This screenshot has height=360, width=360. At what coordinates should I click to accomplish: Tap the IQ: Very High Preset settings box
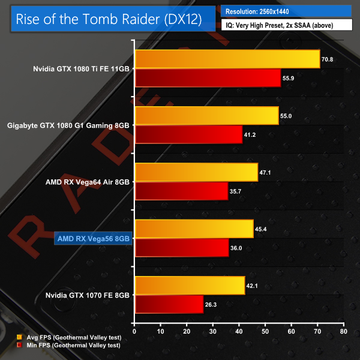click(286, 26)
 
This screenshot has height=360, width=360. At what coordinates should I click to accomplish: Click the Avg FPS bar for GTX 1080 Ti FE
click(227, 59)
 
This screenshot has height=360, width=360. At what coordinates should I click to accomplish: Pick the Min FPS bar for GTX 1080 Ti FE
click(208, 78)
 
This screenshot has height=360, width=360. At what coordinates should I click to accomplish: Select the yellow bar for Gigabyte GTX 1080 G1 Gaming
click(207, 116)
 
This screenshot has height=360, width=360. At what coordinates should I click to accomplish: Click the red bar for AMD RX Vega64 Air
click(181, 191)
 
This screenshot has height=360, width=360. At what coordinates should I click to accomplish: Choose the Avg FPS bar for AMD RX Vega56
click(194, 229)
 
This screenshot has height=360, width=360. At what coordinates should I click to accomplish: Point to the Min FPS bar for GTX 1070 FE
click(169, 304)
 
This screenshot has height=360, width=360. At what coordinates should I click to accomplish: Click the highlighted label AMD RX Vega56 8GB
click(92, 238)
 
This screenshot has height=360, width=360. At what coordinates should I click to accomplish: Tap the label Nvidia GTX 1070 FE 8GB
click(88, 295)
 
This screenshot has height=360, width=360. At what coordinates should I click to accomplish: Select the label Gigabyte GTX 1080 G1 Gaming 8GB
click(69, 125)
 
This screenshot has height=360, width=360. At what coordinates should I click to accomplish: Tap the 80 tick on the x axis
click(343, 331)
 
